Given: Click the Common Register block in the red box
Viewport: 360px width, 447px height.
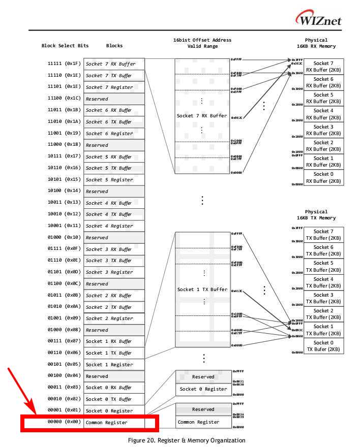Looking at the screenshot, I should point(106,422).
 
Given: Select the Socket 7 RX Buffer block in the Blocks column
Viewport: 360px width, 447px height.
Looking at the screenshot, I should point(114,63).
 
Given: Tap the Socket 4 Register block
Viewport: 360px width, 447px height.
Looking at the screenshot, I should point(114,226).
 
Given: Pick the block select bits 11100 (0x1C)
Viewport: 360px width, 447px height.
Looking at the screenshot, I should point(64,99).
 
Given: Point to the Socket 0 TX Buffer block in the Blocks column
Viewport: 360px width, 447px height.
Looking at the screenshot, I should point(114,399).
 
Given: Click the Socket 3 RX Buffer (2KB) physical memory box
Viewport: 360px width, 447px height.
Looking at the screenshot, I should point(323,130).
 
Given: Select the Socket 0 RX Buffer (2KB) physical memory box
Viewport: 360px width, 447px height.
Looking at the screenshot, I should point(323,177).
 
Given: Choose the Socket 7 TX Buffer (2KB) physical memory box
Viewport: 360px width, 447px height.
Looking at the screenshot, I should point(323,235).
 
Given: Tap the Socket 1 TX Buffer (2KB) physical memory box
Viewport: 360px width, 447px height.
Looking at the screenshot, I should point(323,330).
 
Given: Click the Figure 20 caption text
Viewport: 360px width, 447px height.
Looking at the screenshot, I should point(187,440).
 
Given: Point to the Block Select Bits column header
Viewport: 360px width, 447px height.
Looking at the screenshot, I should point(65,46).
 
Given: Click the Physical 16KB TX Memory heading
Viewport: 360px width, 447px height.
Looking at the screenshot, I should point(316,215).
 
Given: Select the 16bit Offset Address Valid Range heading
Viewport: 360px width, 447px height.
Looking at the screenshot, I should point(202,43).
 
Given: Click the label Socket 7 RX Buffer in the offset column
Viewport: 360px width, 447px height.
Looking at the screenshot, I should point(202,116).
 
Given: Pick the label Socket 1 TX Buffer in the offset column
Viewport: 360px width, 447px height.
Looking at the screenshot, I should point(202,289).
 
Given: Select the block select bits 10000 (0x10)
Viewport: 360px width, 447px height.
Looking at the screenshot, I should point(64,237).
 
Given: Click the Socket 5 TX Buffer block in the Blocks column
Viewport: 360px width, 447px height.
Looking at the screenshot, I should point(114,168).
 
